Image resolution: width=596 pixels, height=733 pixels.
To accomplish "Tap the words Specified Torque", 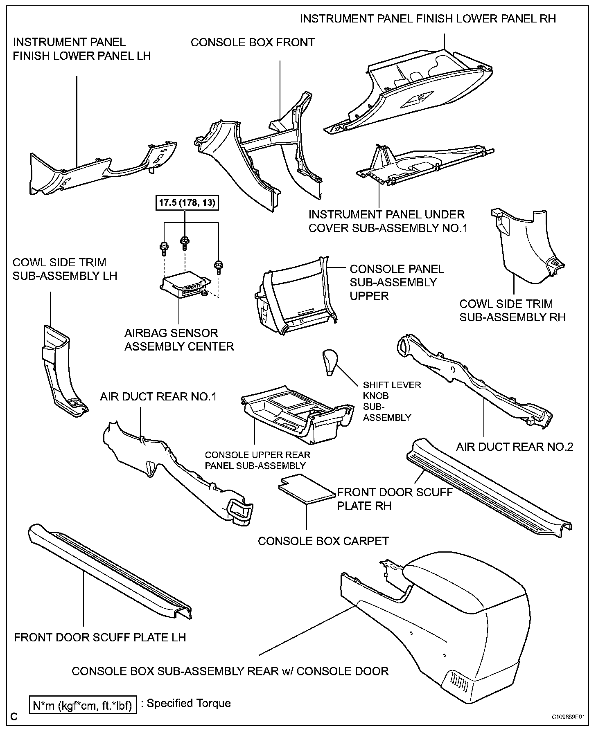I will pyautogui.click(x=189, y=703).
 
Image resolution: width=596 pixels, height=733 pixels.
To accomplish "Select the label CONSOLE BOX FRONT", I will pyautogui.click(x=253, y=43).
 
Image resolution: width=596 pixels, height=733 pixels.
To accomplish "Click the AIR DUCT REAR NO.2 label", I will pyautogui.click(x=515, y=447).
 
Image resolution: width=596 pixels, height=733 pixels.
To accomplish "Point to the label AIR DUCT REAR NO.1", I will pyautogui.click(x=158, y=396).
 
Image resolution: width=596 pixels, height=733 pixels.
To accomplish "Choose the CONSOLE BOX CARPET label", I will pyautogui.click(x=323, y=541).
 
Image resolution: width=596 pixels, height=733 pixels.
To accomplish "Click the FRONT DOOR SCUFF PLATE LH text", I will pyautogui.click(x=100, y=637).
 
